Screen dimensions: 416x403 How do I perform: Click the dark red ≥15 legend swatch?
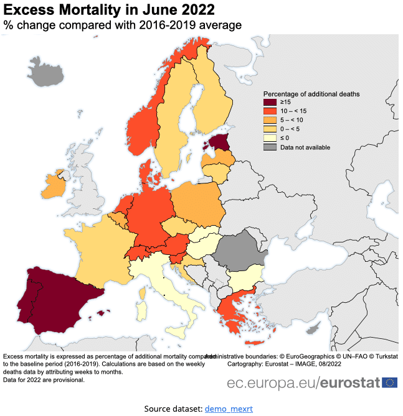[270, 103]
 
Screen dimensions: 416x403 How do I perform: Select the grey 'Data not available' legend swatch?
[270, 147]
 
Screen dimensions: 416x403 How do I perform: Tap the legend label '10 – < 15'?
[293, 111]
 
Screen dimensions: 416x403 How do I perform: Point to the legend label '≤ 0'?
[285, 138]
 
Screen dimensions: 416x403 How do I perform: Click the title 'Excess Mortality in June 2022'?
[110, 10]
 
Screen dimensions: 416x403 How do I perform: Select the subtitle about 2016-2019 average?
[122, 25]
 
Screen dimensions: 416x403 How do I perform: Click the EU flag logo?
[391, 382]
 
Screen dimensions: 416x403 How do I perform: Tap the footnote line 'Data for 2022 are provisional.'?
[44, 379]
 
